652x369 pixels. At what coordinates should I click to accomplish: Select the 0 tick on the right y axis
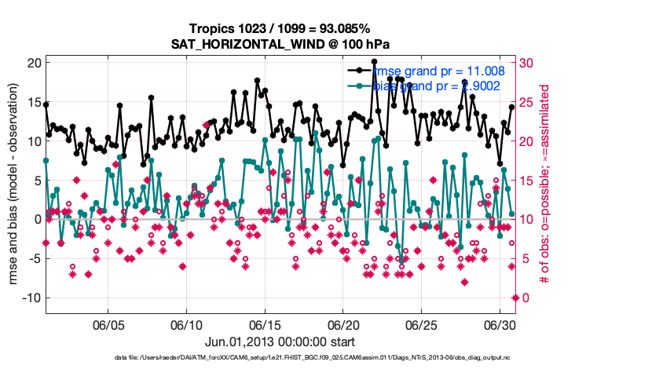tap(523, 298)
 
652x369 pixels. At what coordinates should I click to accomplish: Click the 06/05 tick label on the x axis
tap(108, 324)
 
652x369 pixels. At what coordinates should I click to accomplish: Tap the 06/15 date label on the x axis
tap(265, 324)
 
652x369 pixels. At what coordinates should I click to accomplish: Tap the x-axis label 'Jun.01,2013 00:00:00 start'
tap(280, 342)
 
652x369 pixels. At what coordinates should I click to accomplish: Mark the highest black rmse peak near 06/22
tap(375, 61)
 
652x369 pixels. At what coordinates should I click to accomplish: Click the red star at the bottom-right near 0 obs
tap(515, 298)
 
